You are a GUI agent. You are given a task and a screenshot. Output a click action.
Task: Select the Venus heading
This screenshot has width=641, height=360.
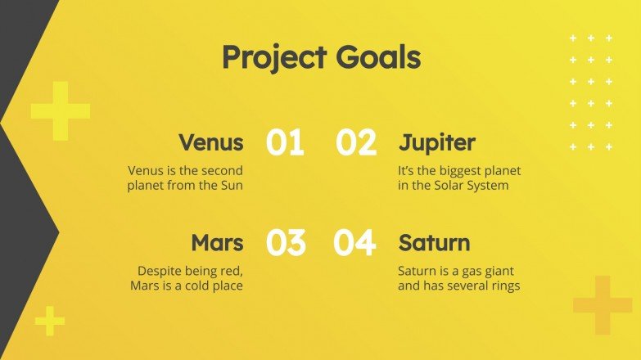click(211, 142)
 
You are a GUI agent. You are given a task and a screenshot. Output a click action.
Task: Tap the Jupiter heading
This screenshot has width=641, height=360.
click(437, 143)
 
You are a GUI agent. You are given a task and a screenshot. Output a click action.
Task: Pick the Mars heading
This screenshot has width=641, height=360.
click(217, 243)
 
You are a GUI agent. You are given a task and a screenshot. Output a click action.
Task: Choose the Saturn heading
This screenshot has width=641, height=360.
click(434, 243)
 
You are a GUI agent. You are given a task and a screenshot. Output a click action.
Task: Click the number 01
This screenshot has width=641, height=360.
click(285, 143)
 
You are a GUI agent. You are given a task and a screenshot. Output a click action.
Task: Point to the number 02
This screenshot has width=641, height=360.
click(356, 143)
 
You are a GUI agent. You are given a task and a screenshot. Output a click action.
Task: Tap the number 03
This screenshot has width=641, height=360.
click(286, 243)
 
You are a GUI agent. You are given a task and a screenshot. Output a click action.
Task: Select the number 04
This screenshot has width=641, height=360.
click(354, 243)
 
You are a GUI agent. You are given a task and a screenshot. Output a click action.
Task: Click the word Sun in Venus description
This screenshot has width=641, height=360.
click(232, 186)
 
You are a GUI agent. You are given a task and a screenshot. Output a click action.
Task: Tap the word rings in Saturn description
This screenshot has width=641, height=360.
click(504, 286)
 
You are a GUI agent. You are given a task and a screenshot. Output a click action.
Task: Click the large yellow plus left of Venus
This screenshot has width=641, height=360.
click(60, 110)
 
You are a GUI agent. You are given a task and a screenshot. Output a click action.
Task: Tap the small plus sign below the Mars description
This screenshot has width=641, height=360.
click(50, 320)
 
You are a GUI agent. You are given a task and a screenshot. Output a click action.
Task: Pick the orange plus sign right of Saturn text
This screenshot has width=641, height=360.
click(603, 305)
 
